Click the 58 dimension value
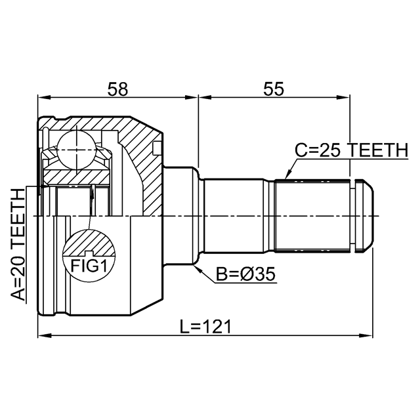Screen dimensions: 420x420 117,89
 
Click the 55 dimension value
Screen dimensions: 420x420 273,89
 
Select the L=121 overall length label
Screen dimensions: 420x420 205,327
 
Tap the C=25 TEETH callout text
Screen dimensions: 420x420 352,150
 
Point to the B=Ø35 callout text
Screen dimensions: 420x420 245,274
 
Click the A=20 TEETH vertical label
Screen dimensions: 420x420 18,244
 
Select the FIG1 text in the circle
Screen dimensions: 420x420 89,266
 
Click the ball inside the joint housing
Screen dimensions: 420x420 76,150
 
